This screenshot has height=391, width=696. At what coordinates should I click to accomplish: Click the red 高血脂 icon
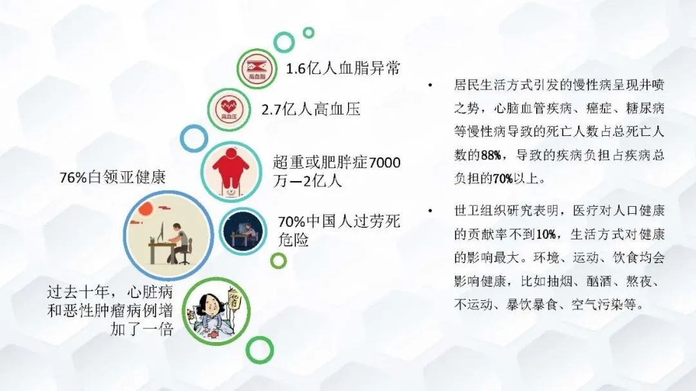(256, 69)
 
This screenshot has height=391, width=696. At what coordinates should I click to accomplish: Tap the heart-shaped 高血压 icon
(229, 109)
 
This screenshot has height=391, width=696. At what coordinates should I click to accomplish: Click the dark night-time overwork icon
(243, 231)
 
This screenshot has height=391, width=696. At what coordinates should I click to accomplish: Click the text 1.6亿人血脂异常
(343, 69)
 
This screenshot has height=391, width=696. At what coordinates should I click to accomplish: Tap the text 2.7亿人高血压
(311, 109)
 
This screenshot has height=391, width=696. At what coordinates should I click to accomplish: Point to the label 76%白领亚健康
(113, 178)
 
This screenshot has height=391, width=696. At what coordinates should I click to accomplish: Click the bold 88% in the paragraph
(491, 155)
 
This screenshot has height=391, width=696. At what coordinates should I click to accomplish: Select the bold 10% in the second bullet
(546, 234)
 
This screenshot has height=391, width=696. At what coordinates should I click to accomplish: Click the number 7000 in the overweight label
(384, 162)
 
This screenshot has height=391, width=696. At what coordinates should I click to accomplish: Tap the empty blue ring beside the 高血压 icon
(194, 138)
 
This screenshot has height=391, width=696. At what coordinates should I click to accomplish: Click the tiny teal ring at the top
(309, 32)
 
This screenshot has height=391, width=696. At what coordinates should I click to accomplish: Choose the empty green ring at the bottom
(260, 350)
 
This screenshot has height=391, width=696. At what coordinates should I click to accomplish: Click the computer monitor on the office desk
(162, 233)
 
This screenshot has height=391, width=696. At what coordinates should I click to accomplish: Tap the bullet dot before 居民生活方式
(430, 85)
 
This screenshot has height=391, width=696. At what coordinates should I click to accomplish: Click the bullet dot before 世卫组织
(430, 211)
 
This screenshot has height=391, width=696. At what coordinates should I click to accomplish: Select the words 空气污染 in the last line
(597, 305)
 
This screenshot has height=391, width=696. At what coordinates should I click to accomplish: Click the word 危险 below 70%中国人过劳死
(293, 240)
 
